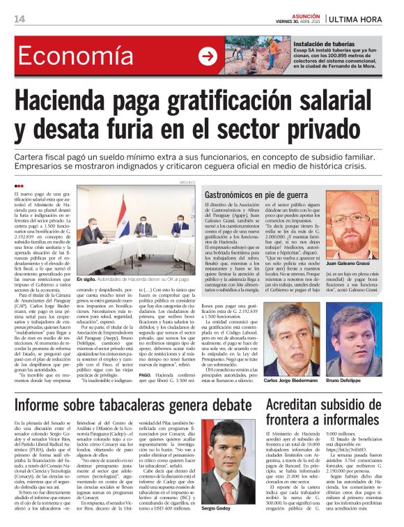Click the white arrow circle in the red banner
[x=208, y=57]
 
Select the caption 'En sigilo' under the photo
[x=88, y=279]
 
